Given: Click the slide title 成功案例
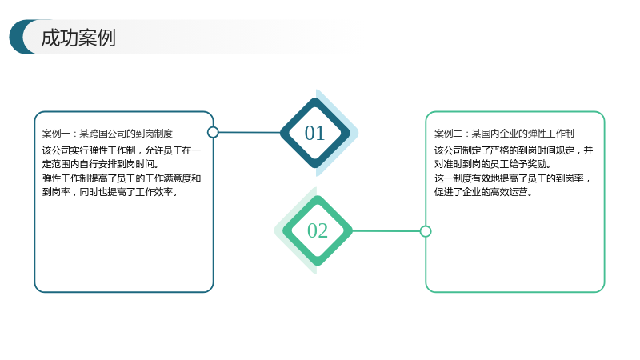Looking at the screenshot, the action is pos(78,38).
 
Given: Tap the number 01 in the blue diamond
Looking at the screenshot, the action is pos(314,133).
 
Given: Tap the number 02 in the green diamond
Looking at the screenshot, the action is pos(317,230).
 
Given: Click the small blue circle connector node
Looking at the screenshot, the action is pos(213,132).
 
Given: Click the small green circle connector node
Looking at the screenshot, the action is pos(426,231).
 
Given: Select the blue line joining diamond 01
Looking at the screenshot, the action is pos(250,132).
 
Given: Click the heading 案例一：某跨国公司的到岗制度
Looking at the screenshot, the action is pos(107,134).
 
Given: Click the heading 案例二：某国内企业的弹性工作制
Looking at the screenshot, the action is pos(504,134).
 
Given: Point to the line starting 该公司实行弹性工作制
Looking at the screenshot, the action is pos(122,150).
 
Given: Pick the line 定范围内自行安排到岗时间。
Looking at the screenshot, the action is pos(101,164).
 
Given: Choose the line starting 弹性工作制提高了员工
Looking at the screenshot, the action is pos(122,178).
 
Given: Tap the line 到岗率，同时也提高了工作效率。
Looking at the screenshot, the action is pos(110,192).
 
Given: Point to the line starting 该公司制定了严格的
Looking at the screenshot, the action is pos(514,150).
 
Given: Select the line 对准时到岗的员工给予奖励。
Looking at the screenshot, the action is pos(493,164).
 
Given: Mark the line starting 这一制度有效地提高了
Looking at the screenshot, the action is pos(513,178).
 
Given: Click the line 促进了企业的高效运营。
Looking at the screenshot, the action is pos(483,192).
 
